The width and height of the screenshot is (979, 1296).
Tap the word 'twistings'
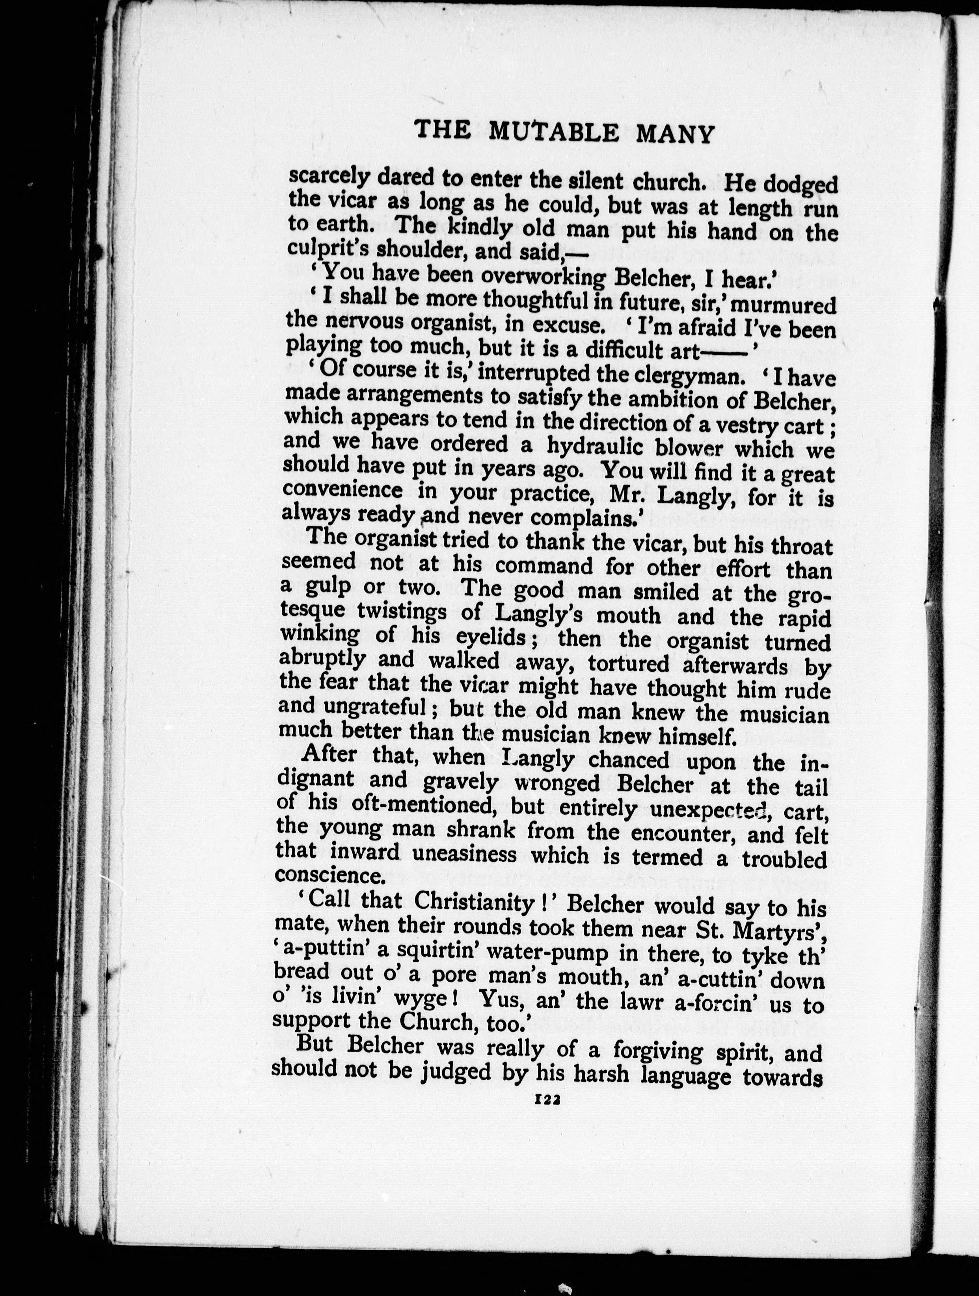(x=419, y=612)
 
